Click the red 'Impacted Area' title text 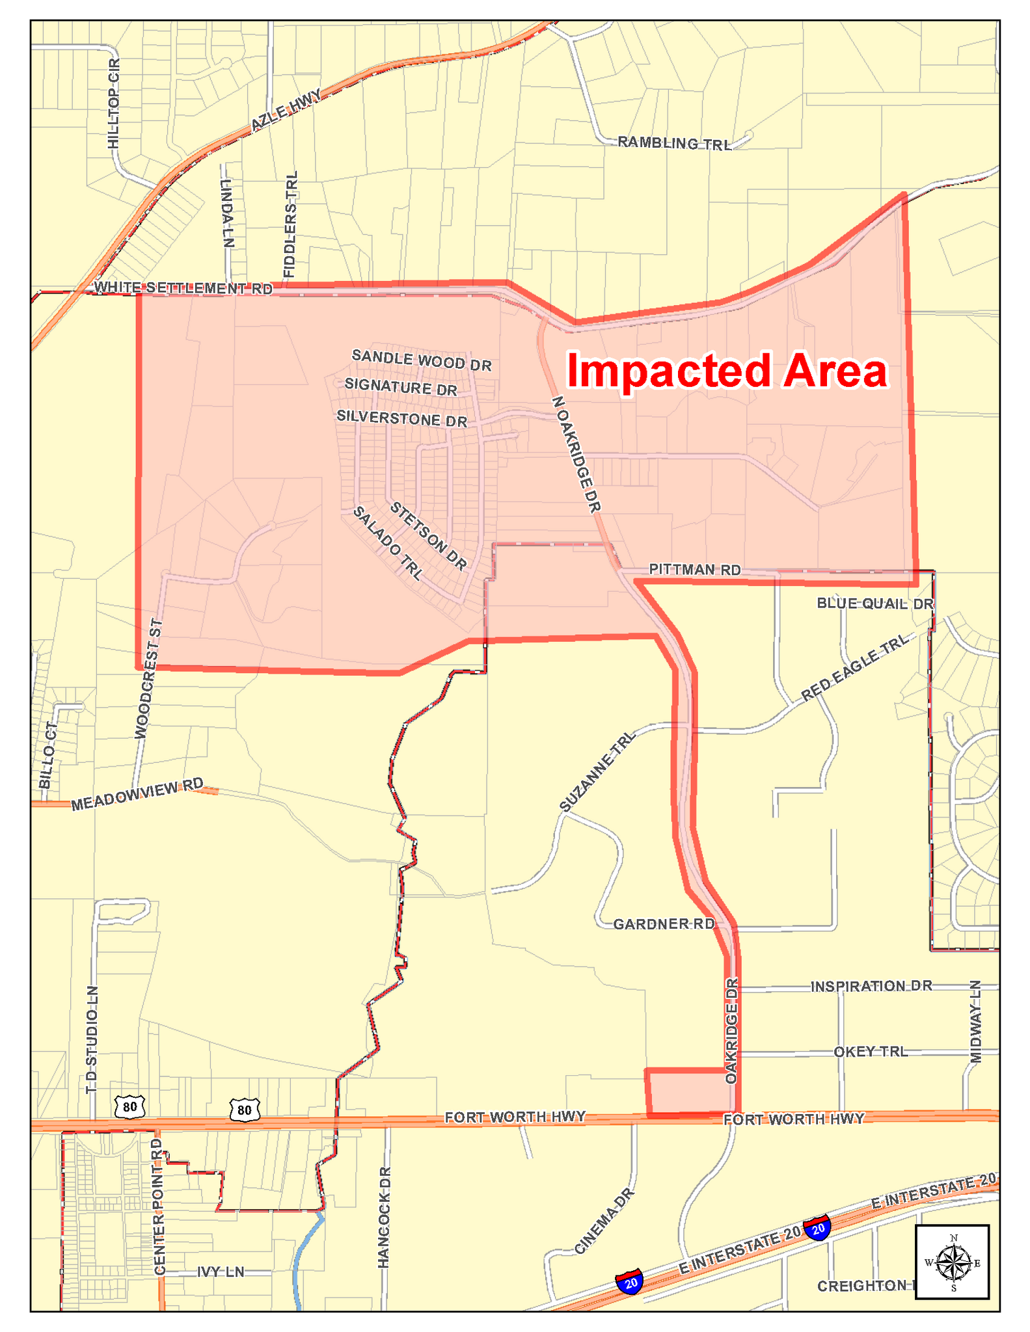coord(726,371)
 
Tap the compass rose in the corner coord(953,1262)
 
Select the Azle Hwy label coord(286,110)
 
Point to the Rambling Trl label coord(674,142)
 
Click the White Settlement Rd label coord(183,287)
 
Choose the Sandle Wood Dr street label coord(421,360)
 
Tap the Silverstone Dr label coord(401,418)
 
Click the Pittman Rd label coord(695,570)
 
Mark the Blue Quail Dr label coord(874,604)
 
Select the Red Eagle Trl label coord(854,669)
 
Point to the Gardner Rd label coord(664,924)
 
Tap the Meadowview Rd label coord(137,795)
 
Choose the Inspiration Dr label coord(871,987)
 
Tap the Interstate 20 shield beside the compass coord(818,1228)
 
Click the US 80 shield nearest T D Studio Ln coord(129,1106)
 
